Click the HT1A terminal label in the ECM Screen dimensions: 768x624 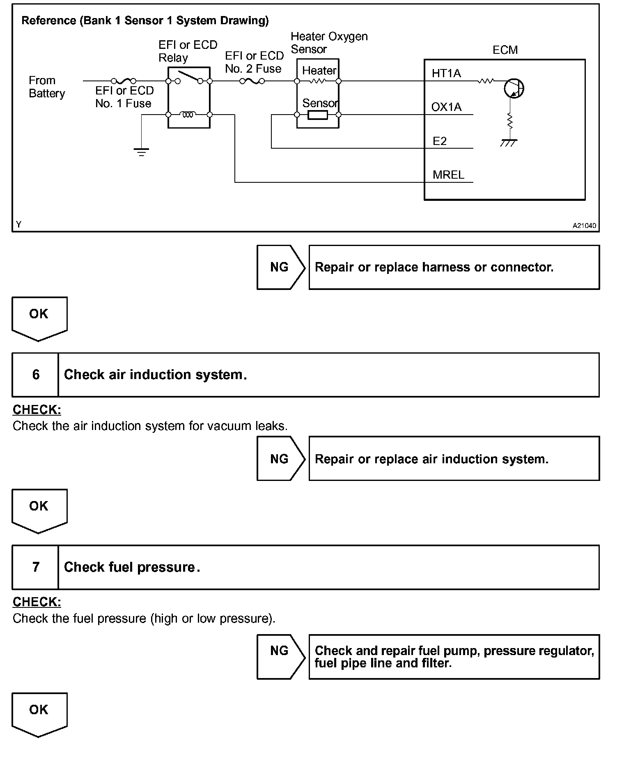click(446, 74)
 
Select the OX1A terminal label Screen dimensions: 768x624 click(446, 107)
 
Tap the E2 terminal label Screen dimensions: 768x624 click(440, 141)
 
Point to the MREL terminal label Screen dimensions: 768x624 click(448, 175)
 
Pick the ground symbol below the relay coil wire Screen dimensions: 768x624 click(141, 152)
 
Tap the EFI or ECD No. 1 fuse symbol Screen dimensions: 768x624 click(124, 81)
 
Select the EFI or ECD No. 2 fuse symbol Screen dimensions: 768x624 click(252, 81)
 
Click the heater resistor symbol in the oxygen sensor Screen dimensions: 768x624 click(317, 81)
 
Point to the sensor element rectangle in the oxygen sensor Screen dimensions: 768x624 click(318, 115)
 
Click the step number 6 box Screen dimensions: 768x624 click(36, 375)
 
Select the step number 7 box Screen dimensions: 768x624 click(36, 567)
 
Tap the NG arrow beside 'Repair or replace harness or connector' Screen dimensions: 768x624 click(281, 267)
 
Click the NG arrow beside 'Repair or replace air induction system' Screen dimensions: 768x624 click(281, 459)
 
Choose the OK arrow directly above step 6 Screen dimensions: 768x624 click(39, 317)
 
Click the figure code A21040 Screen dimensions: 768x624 click(584, 225)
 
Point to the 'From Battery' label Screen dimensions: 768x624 click(46, 87)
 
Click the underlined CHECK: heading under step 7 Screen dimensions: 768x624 click(37, 602)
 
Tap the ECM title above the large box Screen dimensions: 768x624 click(505, 50)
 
